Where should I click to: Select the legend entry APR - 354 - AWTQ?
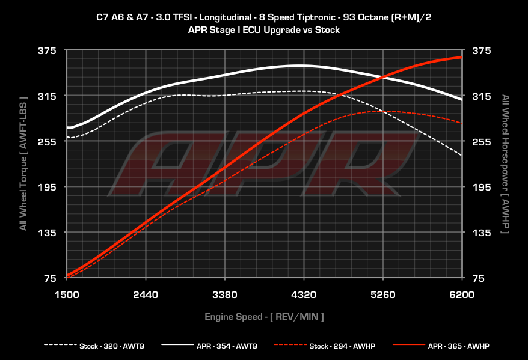click(227, 346)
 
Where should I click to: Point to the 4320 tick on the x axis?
click(304, 295)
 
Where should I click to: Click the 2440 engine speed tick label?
click(146, 295)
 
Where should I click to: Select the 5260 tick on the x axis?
click(382, 295)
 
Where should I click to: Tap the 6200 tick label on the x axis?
click(462, 295)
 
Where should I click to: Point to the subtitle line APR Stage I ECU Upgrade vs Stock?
click(264, 29)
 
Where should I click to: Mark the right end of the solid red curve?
click(461, 57)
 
